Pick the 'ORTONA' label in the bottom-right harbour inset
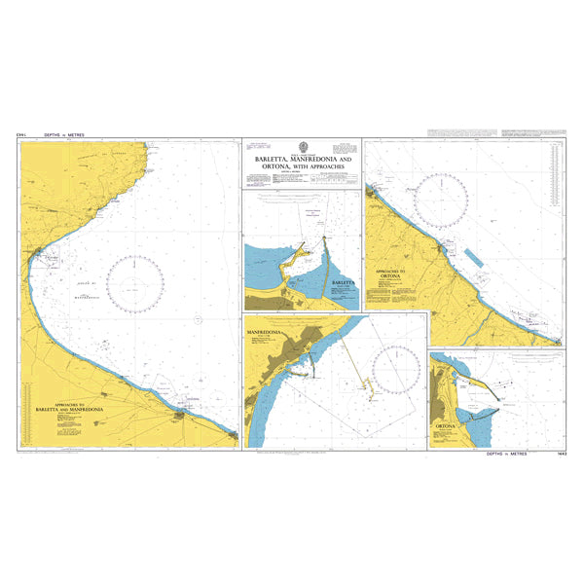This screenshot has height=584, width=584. click(447, 426)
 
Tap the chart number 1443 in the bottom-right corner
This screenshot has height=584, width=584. click(556, 455)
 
